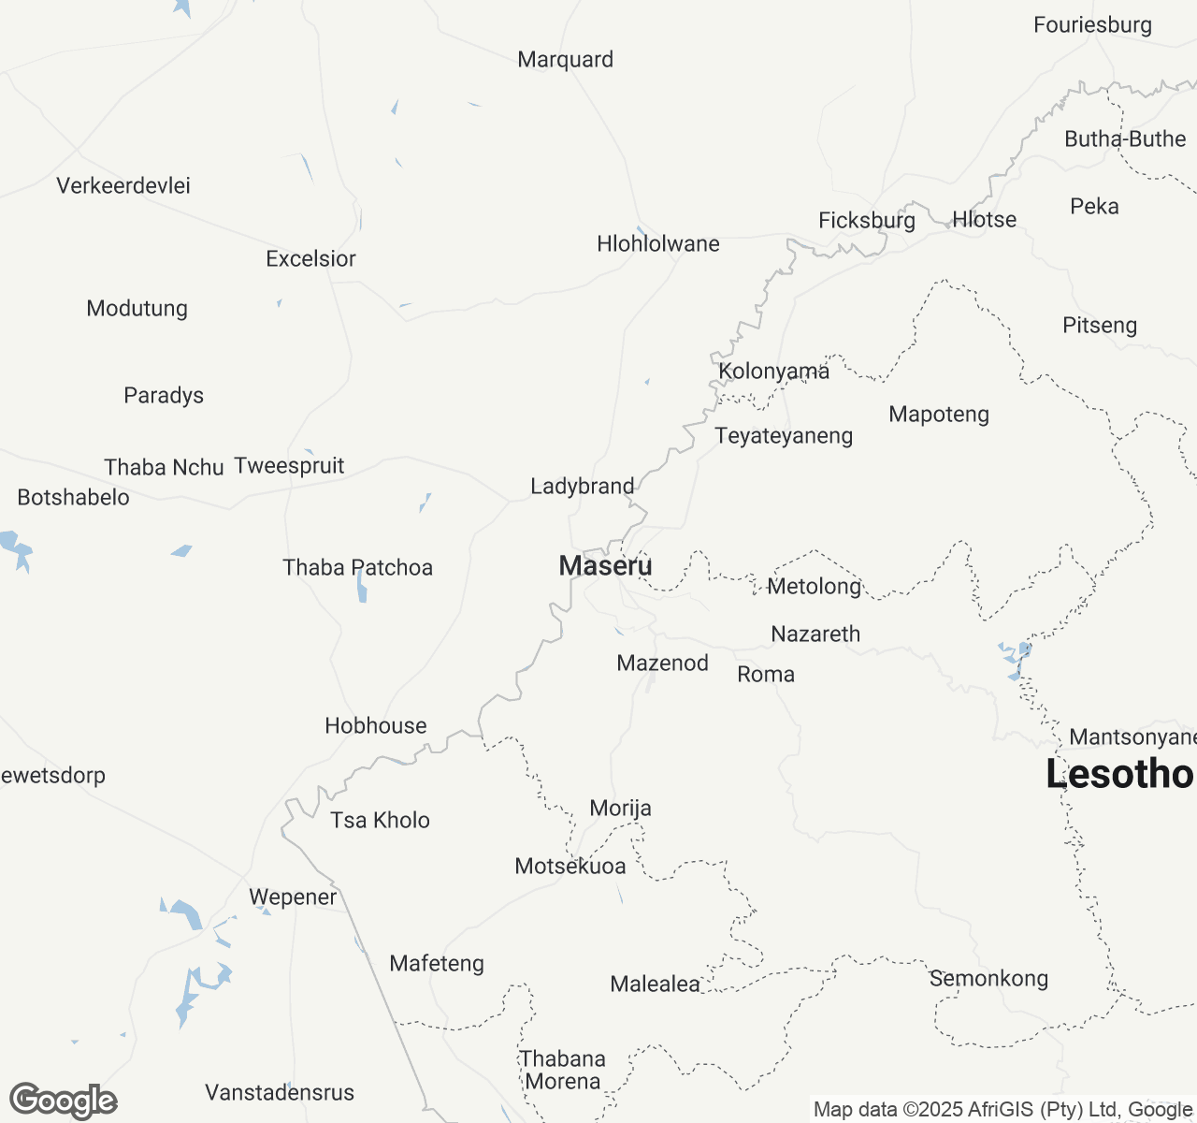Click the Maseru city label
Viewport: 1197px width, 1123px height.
pos(605,565)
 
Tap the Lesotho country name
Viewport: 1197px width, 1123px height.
pos(1119,774)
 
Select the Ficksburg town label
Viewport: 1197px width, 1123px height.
pos(867,220)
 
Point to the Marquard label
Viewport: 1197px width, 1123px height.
pos(566,59)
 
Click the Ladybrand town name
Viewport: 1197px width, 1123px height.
pos(583,486)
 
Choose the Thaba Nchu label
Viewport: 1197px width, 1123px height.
pos(164,467)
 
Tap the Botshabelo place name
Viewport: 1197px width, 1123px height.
pos(74,497)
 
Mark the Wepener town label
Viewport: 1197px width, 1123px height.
pos(293,897)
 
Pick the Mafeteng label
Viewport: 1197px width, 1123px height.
pos(437,963)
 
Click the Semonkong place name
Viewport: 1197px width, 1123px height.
pos(988,978)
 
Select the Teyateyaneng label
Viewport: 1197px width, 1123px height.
pos(784,435)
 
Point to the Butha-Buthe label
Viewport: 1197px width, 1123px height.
pos(1125,139)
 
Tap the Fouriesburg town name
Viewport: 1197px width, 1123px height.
pos(1092,24)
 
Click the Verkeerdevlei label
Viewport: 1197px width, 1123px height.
pos(123,185)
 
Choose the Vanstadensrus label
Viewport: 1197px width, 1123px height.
pos(280,1092)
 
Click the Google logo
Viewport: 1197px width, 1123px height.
pos(63,1101)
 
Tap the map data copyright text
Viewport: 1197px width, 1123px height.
pos(1002,1110)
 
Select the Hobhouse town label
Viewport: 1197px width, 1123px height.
pos(376,725)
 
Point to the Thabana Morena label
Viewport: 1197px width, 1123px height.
pos(563,1070)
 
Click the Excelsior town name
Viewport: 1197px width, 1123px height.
pos(310,258)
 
